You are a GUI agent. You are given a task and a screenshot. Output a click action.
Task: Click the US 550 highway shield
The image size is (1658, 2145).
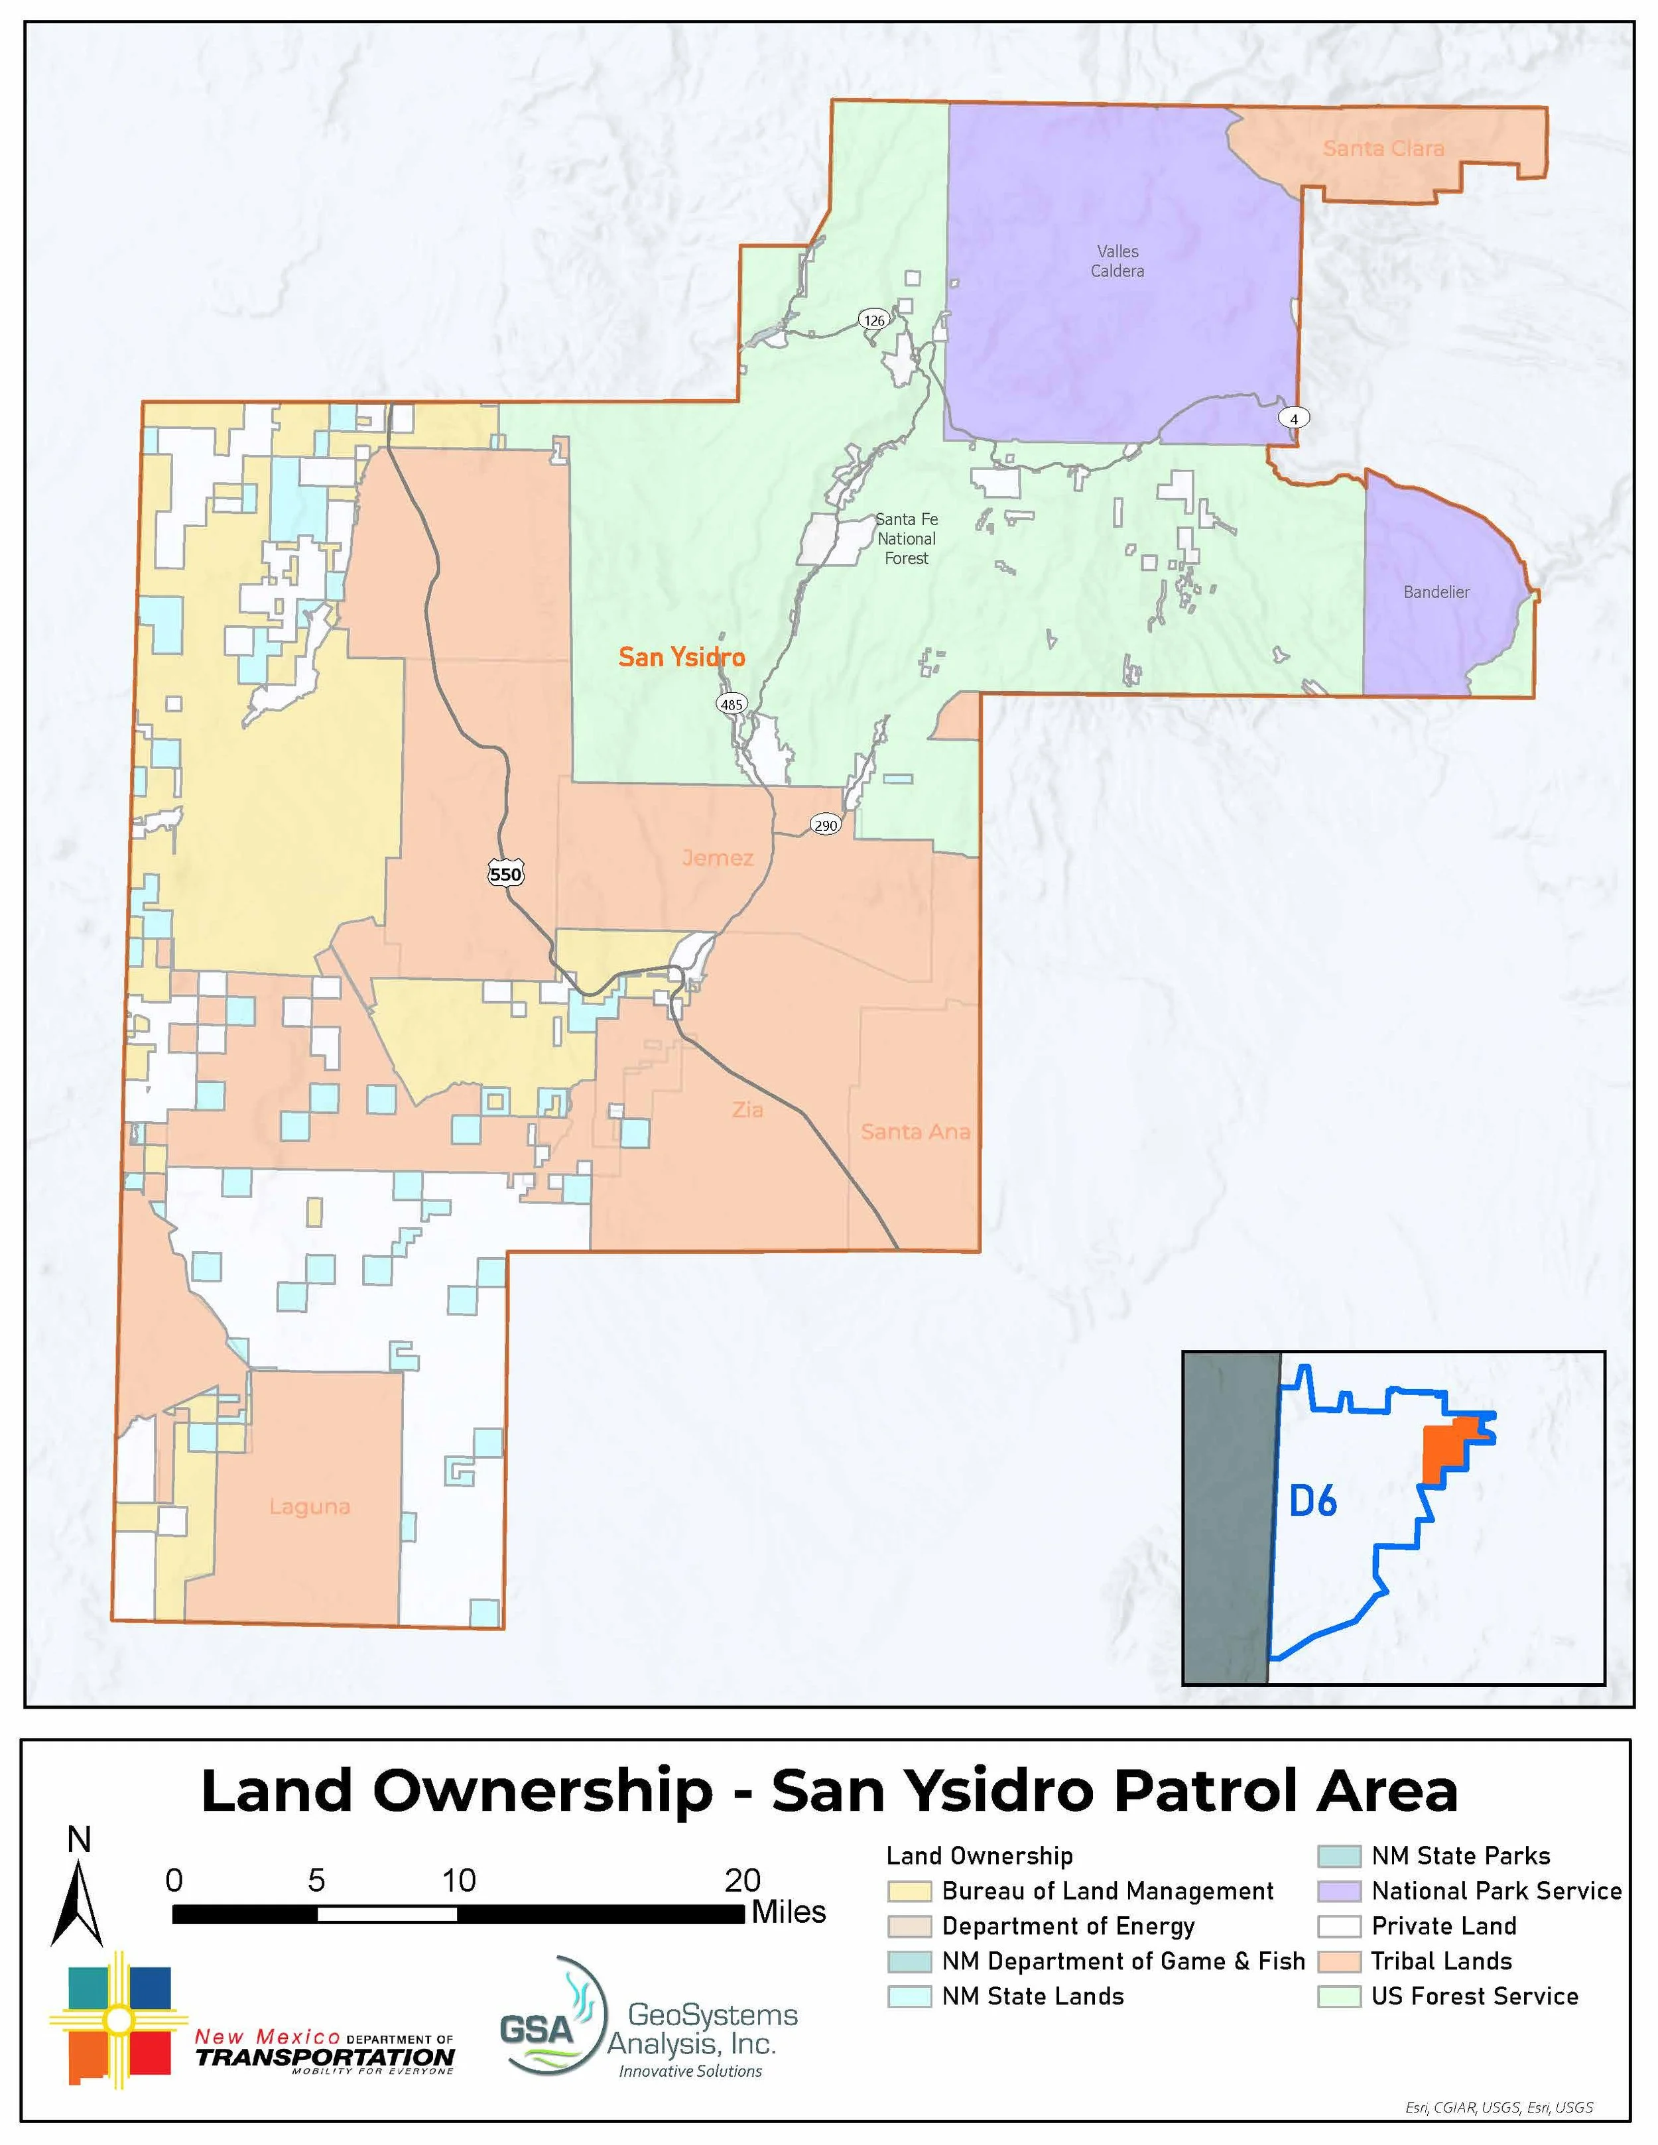click(506, 873)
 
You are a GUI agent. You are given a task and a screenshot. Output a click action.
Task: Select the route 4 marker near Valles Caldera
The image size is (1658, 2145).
click(1294, 418)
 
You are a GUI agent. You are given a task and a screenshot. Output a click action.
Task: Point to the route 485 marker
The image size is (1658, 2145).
click(732, 704)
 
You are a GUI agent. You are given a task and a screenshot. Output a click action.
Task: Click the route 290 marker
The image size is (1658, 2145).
click(825, 825)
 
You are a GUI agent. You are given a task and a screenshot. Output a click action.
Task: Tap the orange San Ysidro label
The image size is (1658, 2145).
click(682, 657)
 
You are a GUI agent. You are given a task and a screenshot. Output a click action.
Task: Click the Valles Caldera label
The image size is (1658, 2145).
click(1117, 261)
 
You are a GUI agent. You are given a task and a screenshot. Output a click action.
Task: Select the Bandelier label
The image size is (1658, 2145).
click(1436, 592)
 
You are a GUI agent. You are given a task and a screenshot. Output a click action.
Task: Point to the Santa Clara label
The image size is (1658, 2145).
click(1383, 149)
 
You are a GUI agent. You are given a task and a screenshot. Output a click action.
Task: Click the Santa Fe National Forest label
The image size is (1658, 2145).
click(907, 538)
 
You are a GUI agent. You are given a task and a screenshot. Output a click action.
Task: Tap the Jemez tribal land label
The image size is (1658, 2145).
click(718, 857)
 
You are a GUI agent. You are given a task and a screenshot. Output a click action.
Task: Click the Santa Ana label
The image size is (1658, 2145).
click(915, 1131)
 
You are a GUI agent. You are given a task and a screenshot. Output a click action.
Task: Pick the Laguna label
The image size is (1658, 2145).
click(310, 1506)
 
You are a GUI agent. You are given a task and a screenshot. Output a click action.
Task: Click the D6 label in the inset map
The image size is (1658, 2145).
click(1313, 1501)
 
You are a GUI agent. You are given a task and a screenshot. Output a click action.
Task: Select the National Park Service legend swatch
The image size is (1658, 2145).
click(1339, 1890)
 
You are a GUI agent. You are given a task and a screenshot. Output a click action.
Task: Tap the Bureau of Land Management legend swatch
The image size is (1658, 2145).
click(909, 1890)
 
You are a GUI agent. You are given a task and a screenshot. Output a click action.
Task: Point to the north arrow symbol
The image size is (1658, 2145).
click(78, 1900)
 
